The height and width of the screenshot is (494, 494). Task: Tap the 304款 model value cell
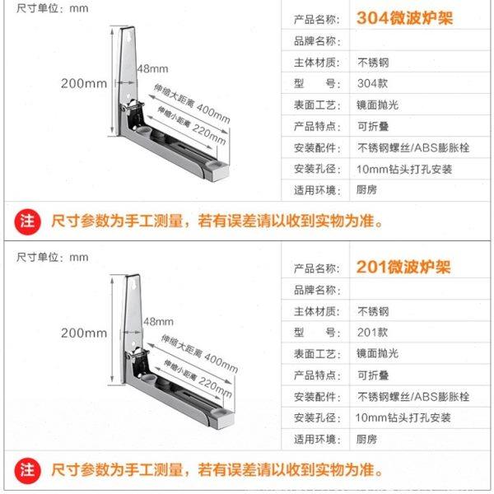(368, 82)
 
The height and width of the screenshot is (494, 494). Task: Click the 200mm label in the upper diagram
(83, 83)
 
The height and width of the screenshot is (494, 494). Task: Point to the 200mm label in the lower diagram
(83, 333)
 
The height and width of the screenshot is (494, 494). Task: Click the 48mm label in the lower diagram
(157, 320)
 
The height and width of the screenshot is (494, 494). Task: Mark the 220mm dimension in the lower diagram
(211, 384)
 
